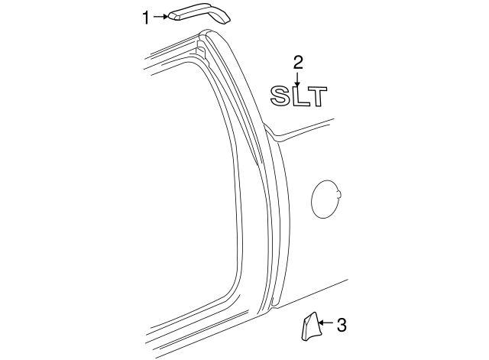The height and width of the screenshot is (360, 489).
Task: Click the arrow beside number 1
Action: tap(160, 17)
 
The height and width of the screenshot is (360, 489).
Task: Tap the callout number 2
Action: tap(298, 62)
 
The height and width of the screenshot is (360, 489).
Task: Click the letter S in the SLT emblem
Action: tap(280, 96)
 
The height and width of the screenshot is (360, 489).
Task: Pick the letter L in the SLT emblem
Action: tap(299, 96)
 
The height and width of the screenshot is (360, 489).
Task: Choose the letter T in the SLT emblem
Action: tap(316, 96)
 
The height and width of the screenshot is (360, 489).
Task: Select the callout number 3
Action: tap(342, 326)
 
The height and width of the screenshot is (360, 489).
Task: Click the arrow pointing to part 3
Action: tap(325, 324)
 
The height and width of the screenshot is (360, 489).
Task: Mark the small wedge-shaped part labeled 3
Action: tap(309, 326)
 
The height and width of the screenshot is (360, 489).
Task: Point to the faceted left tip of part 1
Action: tap(173, 18)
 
